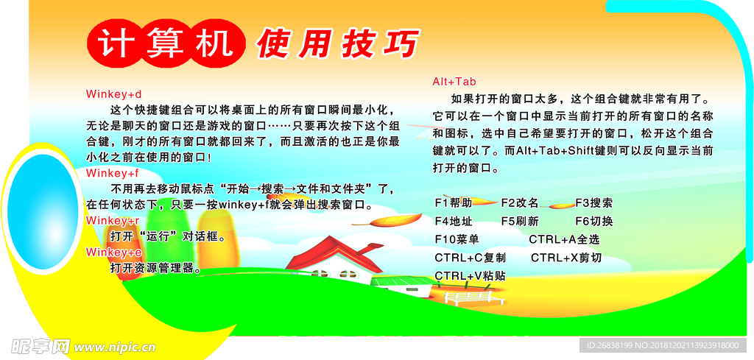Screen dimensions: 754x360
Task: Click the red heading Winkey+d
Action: (114, 93)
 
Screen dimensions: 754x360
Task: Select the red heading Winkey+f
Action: (113, 172)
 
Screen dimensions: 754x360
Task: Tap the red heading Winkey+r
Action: (113, 221)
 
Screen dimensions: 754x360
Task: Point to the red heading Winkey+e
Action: (114, 252)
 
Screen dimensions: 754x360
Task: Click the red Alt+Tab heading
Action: (454, 81)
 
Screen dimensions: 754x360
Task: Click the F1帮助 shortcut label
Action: (454, 203)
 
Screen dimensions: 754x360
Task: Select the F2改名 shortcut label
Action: (520, 203)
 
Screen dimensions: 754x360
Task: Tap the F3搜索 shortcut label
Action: (594, 203)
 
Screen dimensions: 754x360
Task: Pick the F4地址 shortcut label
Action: (454, 221)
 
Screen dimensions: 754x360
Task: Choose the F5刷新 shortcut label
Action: (520, 221)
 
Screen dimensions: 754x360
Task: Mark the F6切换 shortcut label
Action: (594, 221)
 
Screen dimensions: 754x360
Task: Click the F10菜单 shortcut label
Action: (457, 239)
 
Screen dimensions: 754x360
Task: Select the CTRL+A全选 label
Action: (565, 239)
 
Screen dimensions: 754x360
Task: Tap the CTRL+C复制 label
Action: (471, 258)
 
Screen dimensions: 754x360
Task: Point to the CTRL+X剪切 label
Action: (566, 258)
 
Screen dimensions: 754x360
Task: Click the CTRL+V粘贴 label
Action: (471, 276)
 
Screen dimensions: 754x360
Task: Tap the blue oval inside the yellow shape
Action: (43, 211)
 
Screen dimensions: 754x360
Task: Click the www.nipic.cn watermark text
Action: (116, 347)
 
